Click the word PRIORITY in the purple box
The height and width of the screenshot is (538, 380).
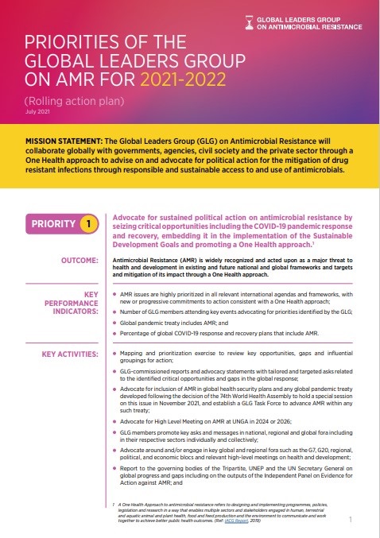pos(54,224)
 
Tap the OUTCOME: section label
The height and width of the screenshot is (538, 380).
pos(79,260)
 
